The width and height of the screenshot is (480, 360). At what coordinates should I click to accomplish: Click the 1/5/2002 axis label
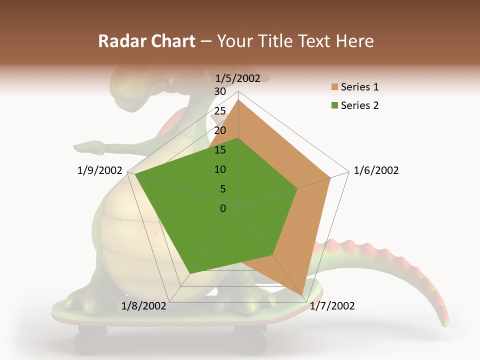[x=238, y=78]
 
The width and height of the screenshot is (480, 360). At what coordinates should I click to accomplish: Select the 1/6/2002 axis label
[x=376, y=170]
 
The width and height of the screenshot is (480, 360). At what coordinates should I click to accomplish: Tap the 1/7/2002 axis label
[x=332, y=305]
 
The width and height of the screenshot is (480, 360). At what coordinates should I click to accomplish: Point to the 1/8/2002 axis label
[x=144, y=305]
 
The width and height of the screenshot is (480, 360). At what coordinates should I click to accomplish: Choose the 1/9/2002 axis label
[x=100, y=170]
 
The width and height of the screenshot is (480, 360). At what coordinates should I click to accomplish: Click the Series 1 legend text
[x=359, y=87]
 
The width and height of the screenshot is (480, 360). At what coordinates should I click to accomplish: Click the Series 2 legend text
[x=359, y=105]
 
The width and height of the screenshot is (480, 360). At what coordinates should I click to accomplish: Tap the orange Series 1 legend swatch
[x=334, y=87]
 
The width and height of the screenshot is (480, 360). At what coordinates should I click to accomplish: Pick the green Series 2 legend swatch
[x=334, y=105]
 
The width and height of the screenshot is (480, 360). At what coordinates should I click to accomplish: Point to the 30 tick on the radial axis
[x=220, y=91]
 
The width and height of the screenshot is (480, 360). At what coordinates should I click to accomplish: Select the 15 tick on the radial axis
[x=220, y=150]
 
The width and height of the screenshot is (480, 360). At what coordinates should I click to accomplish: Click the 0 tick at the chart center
[x=223, y=208]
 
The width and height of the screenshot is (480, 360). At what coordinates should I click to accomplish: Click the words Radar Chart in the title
[x=146, y=41]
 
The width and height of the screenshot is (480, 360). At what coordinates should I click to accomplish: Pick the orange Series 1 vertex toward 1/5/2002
[x=238, y=100]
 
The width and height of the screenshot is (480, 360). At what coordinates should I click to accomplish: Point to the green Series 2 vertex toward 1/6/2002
[x=297, y=189]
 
